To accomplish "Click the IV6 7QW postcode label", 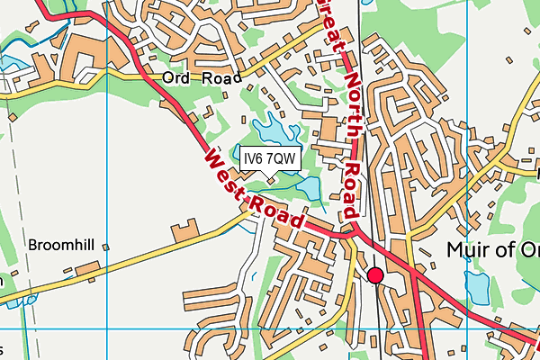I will [269, 158].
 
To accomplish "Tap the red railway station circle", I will [375, 275].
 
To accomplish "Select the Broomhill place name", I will [61, 245].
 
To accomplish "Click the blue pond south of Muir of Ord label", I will [476, 288].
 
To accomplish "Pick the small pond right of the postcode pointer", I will [307, 188].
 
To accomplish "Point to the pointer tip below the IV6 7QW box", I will [269, 175].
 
